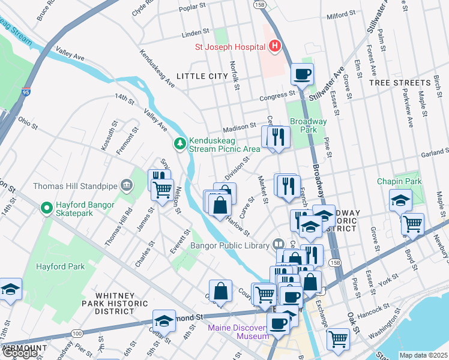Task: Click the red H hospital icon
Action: click(x=275, y=46)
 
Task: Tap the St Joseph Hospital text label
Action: click(x=229, y=47)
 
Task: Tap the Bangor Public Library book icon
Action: click(x=277, y=244)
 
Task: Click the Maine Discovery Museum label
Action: click(x=238, y=332)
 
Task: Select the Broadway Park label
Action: click(x=308, y=125)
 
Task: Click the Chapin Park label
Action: click(x=399, y=181)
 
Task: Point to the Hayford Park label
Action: click(x=61, y=266)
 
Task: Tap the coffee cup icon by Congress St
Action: click(x=302, y=74)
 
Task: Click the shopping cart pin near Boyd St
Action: click(x=412, y=224)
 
